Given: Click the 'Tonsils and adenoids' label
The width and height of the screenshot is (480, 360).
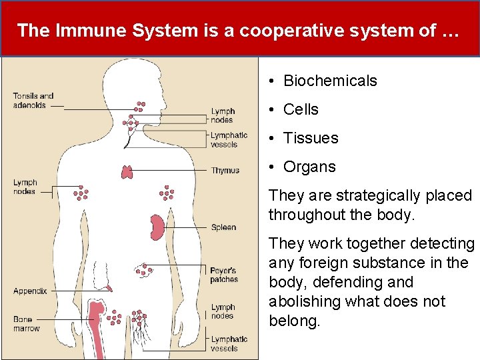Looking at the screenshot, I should click(33, 101).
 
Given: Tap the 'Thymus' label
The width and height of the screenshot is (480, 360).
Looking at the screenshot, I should click(225, 171).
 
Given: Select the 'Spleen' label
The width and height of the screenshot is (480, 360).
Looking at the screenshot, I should click(223, 227).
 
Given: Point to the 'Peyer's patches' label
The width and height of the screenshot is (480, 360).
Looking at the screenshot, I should click(224, 275).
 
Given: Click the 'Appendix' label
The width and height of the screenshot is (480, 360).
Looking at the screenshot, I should click(30, 291).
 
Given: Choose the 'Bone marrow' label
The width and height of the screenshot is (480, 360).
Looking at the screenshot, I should click(26, 324).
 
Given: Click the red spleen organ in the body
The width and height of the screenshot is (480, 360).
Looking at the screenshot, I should click(157, 227).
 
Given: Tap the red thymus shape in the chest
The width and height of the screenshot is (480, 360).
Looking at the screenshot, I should click(127, 171).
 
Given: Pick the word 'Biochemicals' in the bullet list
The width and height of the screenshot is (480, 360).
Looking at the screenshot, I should click(330, 81).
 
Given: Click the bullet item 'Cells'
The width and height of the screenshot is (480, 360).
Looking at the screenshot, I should click(301, 109).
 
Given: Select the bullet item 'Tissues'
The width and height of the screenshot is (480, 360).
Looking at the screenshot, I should click(311, 138).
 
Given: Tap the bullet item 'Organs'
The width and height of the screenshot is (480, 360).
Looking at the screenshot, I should click(309, 167).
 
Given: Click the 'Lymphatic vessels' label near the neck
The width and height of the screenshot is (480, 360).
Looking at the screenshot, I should click(229, 140).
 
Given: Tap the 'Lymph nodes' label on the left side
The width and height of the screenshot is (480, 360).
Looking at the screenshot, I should click(25, 187).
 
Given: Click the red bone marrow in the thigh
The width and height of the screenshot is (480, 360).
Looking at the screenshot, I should click(97, 327).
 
